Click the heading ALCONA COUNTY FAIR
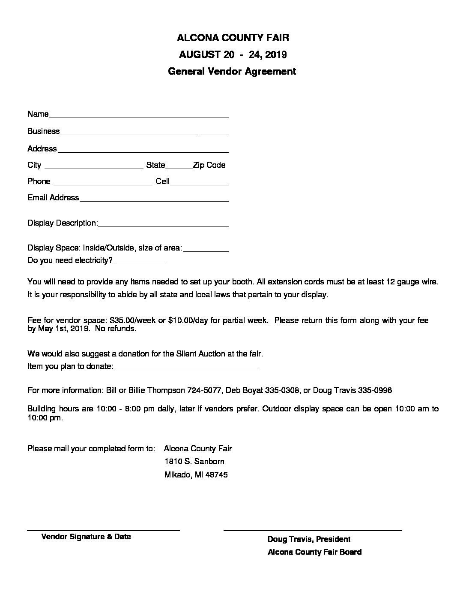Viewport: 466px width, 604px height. tap(233, 38)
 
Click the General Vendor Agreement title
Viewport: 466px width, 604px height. tap(232, 71)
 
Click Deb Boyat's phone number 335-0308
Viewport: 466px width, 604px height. tap(282, 390)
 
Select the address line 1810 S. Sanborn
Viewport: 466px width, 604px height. tap(194, 462)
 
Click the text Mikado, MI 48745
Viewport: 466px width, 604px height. tap(196, 475)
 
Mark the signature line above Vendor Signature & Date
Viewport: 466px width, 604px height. tap(103, 531)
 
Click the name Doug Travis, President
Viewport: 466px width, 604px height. tap(309, 539)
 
